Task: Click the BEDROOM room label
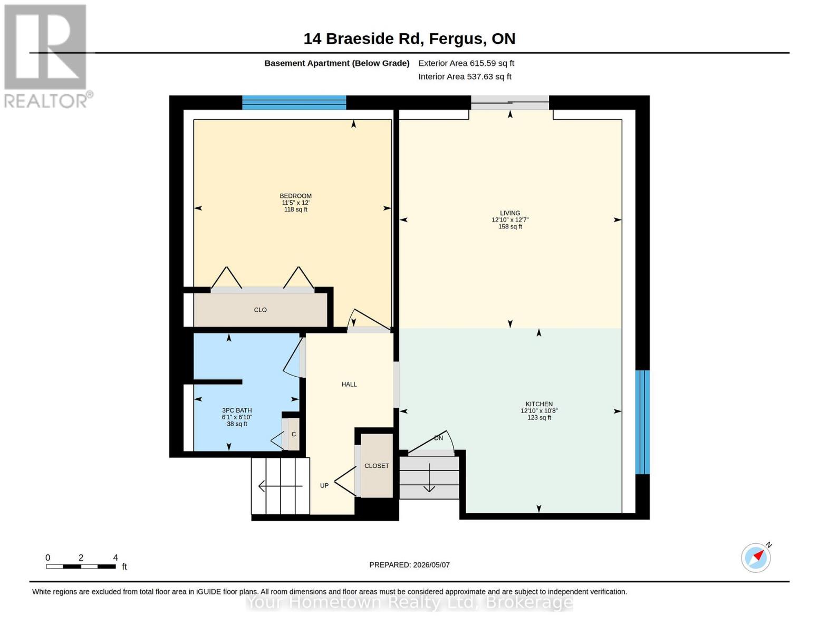coord(295,196)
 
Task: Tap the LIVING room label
coord(510,213)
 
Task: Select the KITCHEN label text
coord(539,404)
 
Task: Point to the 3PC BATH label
coord(237,410)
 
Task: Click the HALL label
coord(349,384)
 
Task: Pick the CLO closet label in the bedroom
coord(260,310)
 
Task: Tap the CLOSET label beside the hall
coord(377,466)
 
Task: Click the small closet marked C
coord(294,434)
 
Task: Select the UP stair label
coord(324,486)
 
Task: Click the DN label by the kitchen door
coord(438,438)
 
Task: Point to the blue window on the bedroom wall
coord(294,102)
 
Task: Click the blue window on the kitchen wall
coord(642,422)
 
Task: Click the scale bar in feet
coord(81,566)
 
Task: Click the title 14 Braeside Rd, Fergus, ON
coord(409,39)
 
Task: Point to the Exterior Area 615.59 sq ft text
coord(466,63)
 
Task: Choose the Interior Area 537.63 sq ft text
coord(465,76)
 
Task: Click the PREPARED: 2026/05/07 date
coord(409,565)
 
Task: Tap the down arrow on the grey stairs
coord(429,478)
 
